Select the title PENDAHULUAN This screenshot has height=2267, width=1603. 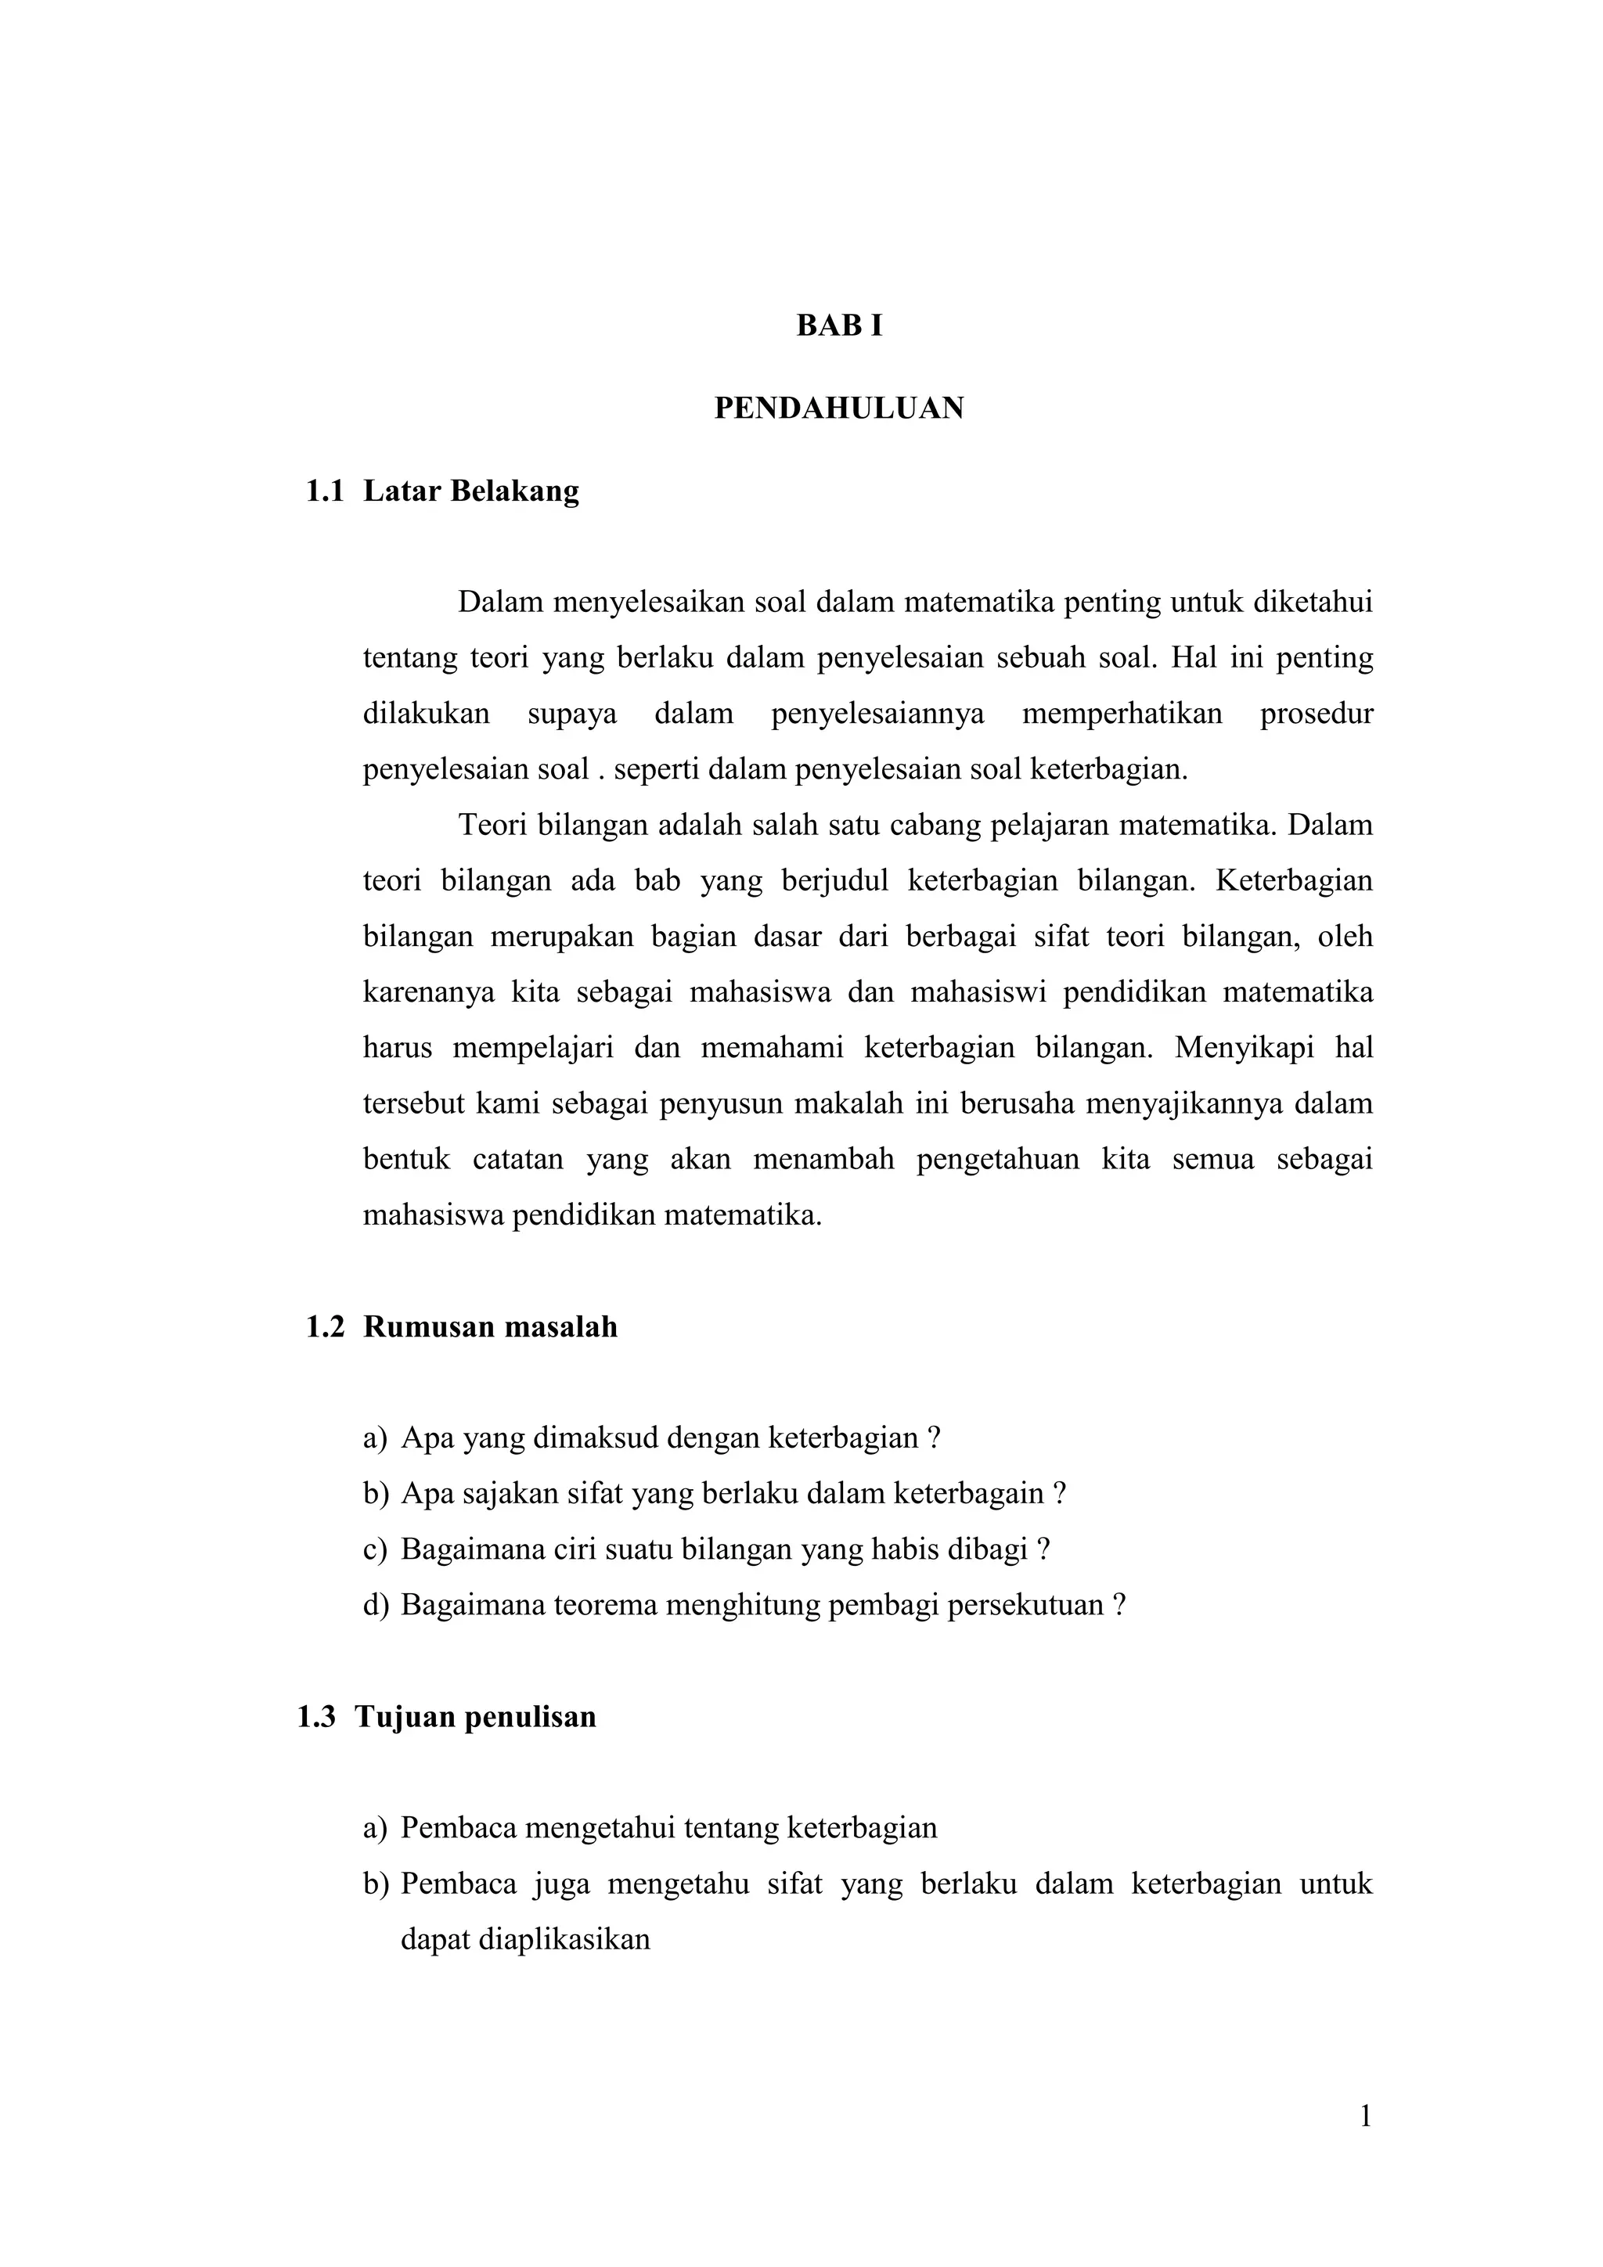(x=838, y=408)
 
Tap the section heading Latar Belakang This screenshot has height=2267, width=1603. (x=471, y=491)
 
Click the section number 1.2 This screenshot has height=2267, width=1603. (x=325, y=1326)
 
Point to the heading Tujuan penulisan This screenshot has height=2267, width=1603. (x=475, y=1716)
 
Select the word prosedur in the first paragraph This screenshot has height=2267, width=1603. (x=1317, y=713)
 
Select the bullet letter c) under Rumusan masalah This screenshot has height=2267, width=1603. (x=376, y=1549)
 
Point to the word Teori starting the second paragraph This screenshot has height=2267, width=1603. (x=493, y=825)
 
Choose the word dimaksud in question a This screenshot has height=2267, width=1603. (x=595, y=1438)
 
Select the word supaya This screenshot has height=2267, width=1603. (x=572, y=713)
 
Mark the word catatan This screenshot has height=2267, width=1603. (x=517, y=1158)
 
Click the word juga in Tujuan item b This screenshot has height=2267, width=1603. (x=562, y=1883)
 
